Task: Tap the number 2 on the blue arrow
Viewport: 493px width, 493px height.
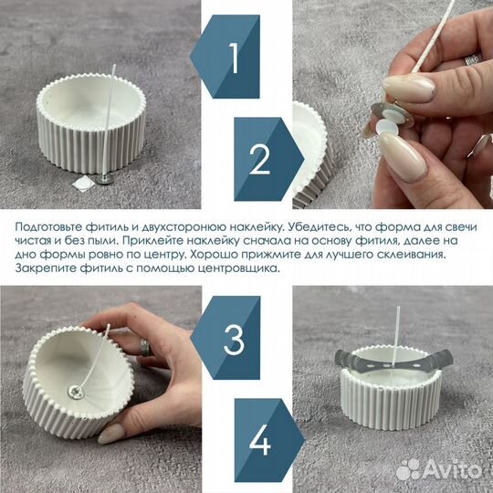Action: pyautogui.click(x=259, y=159)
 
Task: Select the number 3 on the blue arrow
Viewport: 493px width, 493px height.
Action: pyautogui.click(x=234, y=340)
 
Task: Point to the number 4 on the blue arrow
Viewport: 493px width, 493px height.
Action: pyautogui.click(x=259, y=440)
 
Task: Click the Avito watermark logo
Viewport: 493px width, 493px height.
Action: pyautogui.click(x=439, y=470)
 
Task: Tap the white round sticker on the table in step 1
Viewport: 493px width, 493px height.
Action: pyautogui.click(x=82, y=183)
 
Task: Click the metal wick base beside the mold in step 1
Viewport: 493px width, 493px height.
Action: pyautogui.click(x=103, y=179)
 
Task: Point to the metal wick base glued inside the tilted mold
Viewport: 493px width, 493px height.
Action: pyautogui.click(x=76, y=392)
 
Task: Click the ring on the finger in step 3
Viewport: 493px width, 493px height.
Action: pyautogui.click(x=145, y=348)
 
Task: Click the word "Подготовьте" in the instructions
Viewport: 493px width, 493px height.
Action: pyautogui.click(x=48, y=227)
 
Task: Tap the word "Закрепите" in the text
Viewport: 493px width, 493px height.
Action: pyautogui.click(x=46, y=268)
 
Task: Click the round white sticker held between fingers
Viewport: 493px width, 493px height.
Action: pyautogui.click(x=385, y=127)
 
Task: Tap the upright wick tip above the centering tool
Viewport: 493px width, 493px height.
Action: pyautogui.click(x=398, y=309)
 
